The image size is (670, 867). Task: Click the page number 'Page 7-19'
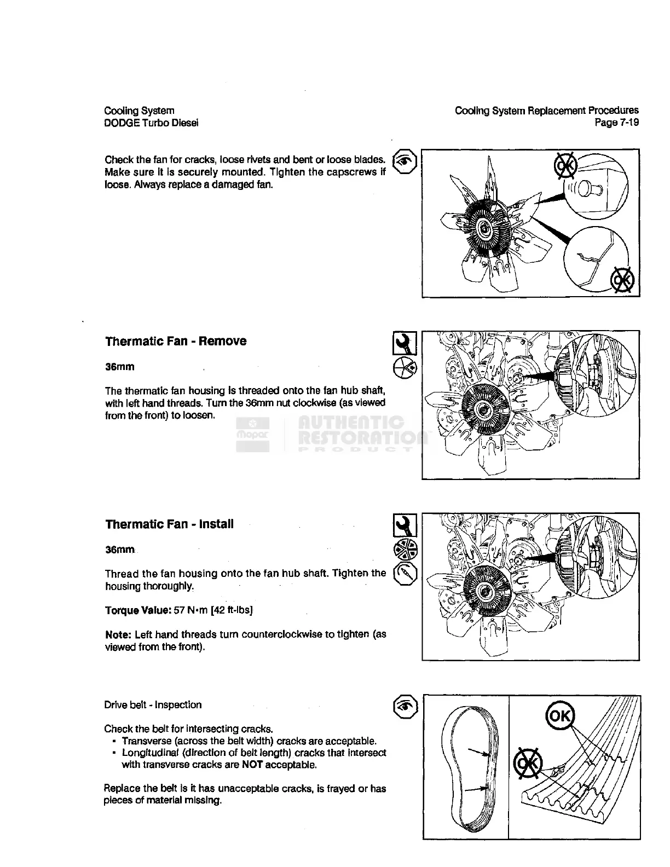click(616, 123)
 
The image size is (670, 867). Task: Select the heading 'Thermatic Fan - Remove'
click(176, 342)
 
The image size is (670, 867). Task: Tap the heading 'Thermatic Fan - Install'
click(169, 524)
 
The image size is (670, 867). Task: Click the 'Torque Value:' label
click(133, 610)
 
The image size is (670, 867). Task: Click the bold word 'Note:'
click(118, 635)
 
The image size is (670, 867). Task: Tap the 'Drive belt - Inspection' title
click(153, 705)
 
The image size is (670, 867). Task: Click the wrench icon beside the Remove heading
click(405, 343)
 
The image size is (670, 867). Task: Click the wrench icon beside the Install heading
click(405, 525)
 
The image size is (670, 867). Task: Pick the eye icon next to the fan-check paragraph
click(406, 161)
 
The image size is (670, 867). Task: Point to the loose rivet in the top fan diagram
click(592, 190)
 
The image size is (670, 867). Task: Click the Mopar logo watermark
click(252, 433)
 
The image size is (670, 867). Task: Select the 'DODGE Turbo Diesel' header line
click(151, 123)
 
